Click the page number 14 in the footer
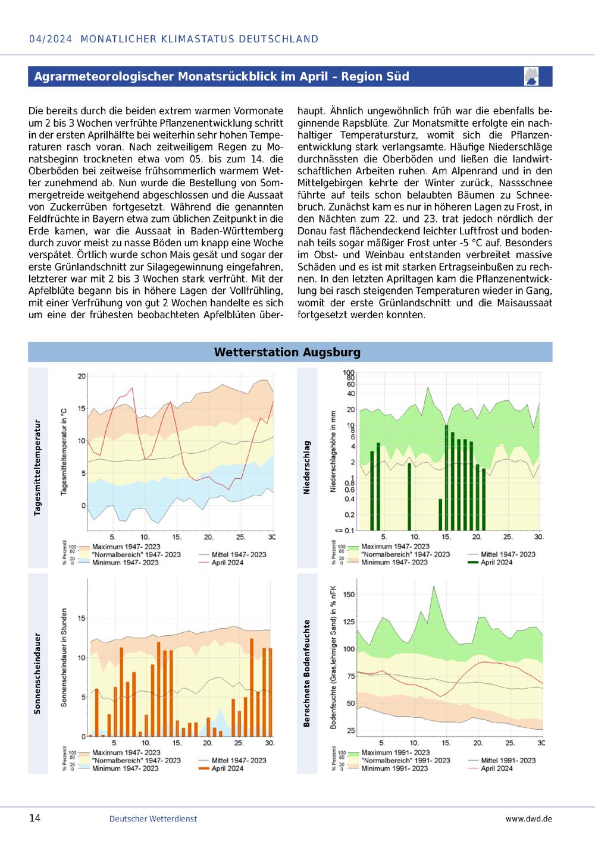tap(35, 818)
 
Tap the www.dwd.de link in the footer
tap(529, 819)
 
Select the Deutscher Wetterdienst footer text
tap(153, 819)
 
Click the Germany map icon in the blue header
tap(531, 76)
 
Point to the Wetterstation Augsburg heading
tap(287, 352)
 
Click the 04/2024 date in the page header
tap(51, 39)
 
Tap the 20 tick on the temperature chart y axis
tap(82, 376)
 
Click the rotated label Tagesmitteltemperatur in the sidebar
tap(37, 468)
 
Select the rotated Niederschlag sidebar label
tap(306, 467)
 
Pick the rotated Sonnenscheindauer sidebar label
tap(37, 673)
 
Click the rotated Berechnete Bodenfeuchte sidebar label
tap(306, 673)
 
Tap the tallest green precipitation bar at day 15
tap(446, 477)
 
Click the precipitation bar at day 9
tap(409, 497)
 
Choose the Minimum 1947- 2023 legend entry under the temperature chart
tap(126, 563)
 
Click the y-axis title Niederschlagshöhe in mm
tap(333, 451)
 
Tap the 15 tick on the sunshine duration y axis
tap(82, 618)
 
